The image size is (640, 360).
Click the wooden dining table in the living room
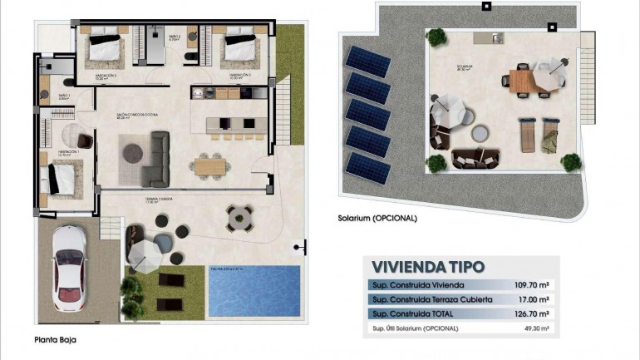coord(209,165)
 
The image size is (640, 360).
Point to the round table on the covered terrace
coord(239,218)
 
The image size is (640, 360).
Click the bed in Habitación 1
coord(63,177)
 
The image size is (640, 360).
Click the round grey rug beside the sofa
coord(132,152)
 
